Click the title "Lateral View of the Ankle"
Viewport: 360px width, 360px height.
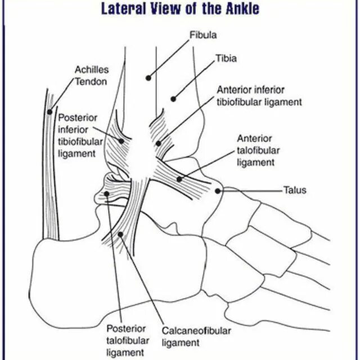pos(180,10)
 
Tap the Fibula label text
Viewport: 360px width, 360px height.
pos(204,35)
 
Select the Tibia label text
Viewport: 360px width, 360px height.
pos(226,58)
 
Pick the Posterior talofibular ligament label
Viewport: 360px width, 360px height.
pos(127,340)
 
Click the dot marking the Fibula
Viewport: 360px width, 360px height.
pos(148,77)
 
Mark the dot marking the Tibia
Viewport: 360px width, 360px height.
pos(174,100)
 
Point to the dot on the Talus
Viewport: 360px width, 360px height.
pos(218,191)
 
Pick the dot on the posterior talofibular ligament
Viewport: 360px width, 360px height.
pos(107,195)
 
